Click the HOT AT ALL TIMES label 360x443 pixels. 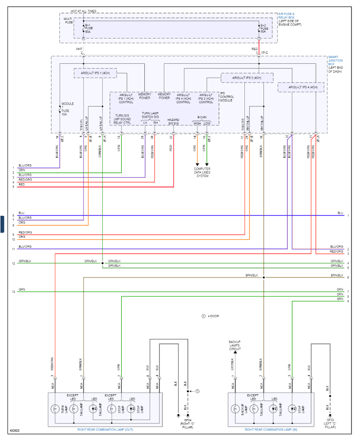click(x=83, y=11)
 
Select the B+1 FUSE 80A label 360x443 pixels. click(x=88, y=28)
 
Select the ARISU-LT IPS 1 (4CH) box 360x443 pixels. click(x=95, y=73)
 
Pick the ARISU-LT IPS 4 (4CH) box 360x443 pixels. click(x=301, y=87)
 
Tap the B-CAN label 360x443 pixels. click(x=202, y=117)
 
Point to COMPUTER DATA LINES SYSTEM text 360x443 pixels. click(x=202, y=172)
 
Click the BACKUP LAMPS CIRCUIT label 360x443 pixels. click(x=235, y=346)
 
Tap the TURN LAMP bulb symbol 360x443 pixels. click(x=55, y=408)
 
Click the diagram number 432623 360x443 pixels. click(x=15, y=430)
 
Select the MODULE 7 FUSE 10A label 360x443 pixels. click(x=68, y=109)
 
